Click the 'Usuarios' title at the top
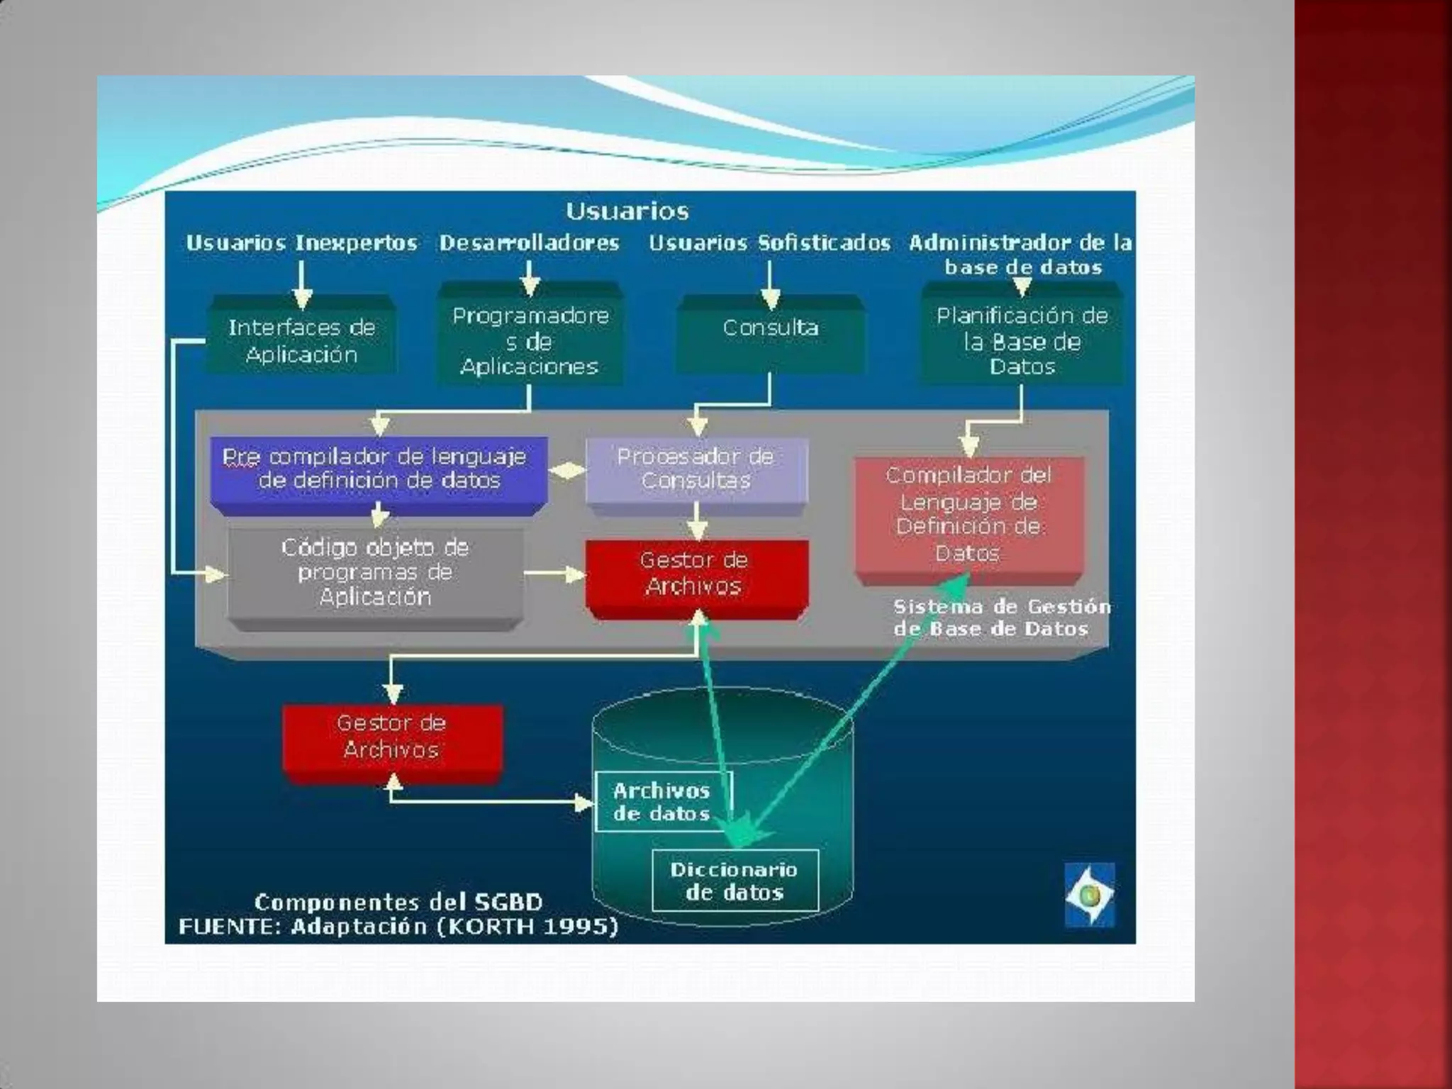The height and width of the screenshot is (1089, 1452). click(627, 211)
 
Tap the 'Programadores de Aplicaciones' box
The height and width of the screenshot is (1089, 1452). click(530, 340)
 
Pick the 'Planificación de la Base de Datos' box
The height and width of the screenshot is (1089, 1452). click(1022, 340)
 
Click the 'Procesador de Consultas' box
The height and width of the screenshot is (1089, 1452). click(696, 469)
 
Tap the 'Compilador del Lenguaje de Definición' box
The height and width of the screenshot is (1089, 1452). click(968, 513)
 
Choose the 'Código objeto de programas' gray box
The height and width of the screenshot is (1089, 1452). click(375, 572)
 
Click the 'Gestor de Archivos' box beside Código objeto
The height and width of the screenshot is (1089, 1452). click(696, 573)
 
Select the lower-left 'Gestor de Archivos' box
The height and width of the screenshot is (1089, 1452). click(392, 737)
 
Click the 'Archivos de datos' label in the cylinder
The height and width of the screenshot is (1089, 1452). click(662, 802)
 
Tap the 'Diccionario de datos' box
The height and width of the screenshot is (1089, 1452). click(735, 881)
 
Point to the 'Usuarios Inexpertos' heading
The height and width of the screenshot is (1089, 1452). click(301, 243)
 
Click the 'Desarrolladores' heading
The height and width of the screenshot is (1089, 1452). click(529, 243)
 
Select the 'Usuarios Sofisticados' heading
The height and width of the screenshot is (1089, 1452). click(769, 243)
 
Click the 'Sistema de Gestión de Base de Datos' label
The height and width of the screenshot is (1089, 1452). click(1000, 618)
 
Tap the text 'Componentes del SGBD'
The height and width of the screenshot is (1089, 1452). click(398, 903)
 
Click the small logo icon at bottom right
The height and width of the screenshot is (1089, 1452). click(1090, 895)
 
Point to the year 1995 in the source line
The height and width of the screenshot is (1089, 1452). click(580, 927)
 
